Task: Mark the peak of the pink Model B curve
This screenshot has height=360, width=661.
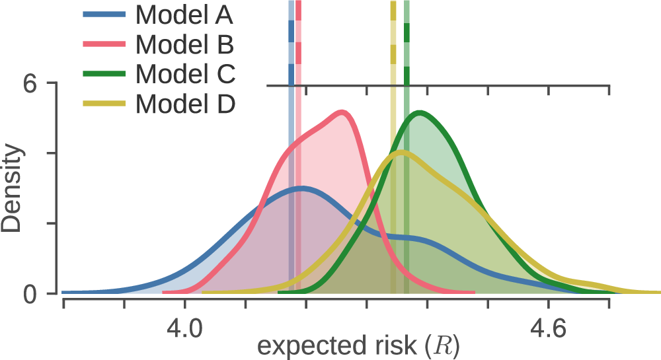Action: (x=342, y=112)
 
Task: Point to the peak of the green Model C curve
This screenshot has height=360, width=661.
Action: (x=420, y=113)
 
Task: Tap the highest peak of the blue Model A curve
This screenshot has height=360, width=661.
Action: (x=301, y=188)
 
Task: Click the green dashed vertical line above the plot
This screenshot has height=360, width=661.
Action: (x=407, y=43)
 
